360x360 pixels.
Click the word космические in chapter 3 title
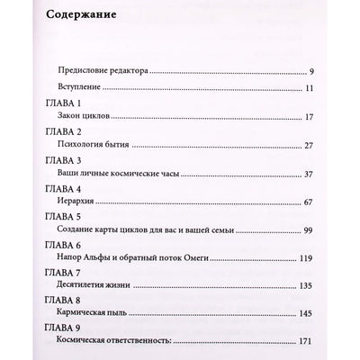(x=135, y=174)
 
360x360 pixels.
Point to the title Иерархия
(x=74, y=202)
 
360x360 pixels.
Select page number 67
(x=332, y=202)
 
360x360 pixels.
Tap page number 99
(x=332, y=230)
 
